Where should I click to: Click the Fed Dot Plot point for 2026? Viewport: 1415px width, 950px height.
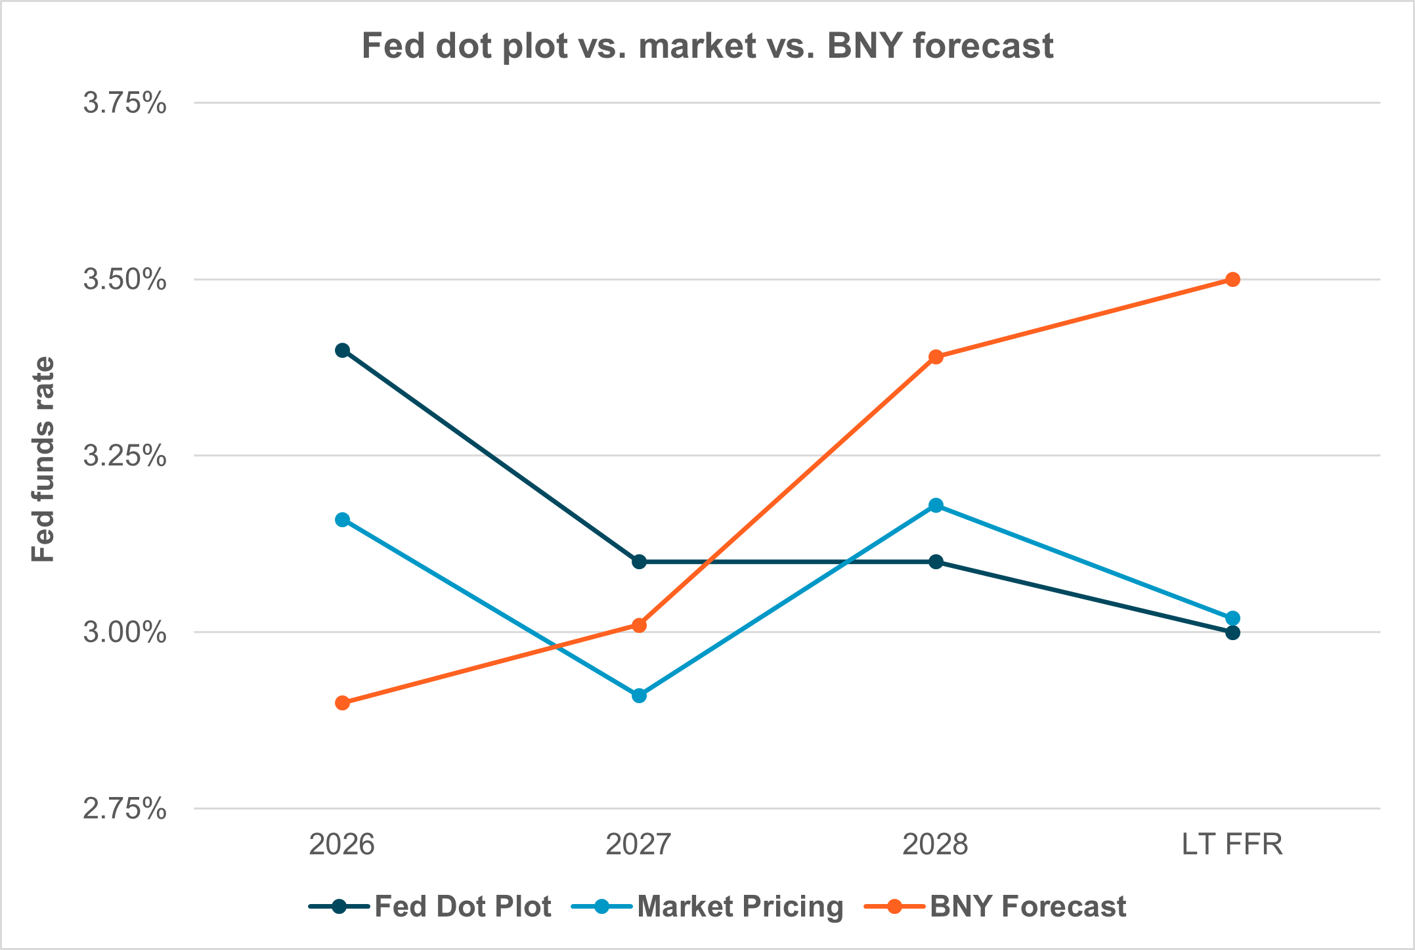(342, 350)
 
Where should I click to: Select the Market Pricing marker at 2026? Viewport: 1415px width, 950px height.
(342, 519)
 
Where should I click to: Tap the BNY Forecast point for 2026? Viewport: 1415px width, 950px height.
(342, 702)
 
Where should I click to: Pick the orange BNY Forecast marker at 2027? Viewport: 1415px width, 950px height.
(639, 625)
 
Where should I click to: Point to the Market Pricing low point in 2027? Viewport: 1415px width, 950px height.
(639, 695)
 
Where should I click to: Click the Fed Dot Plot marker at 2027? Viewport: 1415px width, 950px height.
(639, 561)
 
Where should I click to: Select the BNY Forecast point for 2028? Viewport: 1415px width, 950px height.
(936, 357)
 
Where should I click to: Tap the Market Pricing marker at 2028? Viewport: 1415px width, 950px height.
(936, 505)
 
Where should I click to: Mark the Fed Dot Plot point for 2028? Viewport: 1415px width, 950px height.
(936, 561)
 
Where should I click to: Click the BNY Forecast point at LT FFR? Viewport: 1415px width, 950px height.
(1232, 280)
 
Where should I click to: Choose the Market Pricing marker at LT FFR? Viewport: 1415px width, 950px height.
(1232, 618)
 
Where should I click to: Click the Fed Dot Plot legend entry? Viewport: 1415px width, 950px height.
(430, 907)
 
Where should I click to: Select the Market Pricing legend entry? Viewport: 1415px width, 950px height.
(708, 907)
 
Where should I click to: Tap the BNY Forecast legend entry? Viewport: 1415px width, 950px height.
(995, 907)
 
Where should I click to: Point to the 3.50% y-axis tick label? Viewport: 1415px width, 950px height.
(124, 280)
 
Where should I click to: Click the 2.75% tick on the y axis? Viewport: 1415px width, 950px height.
(124, 809)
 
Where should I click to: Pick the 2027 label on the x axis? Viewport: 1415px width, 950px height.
(639, 844)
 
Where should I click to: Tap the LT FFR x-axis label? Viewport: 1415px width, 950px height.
(1232, 844)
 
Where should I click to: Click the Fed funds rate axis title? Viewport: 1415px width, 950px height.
(44, 459)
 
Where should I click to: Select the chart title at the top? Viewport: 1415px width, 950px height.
(707, 46)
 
